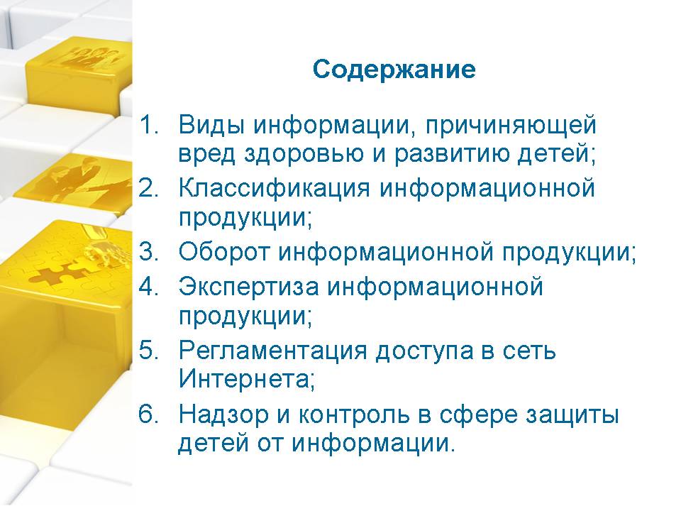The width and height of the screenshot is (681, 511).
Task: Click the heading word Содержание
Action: (394, 70)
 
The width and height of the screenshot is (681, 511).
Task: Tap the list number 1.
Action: (148, 125)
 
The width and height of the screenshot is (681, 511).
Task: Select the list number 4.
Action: (148, 287)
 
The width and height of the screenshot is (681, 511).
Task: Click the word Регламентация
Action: (272, 351)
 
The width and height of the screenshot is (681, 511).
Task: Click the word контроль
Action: (354, 416)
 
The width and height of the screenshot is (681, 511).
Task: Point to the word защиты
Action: (572, 416)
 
